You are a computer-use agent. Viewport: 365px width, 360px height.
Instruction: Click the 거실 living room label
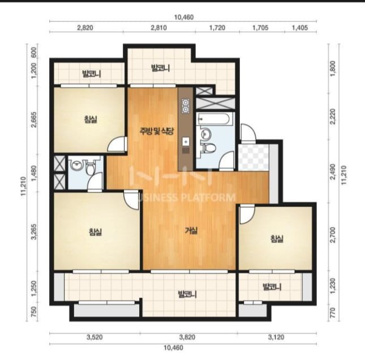click(x=191, y=231)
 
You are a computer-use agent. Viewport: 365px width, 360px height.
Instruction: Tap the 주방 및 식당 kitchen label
click(x=156, y=132)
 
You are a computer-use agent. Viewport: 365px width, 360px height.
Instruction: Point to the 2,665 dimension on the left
click(x=34, y=119)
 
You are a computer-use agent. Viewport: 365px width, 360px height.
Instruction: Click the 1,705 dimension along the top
click(x=260, y=28)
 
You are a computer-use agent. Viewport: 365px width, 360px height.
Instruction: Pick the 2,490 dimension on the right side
click(x=333, y=172)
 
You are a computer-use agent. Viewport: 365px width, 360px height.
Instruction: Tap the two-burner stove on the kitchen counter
click(x=186, y=106)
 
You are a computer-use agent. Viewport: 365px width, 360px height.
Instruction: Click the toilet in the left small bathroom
click(x=90, y=168)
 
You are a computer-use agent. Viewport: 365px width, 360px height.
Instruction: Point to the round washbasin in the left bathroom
click(x=76, y=166)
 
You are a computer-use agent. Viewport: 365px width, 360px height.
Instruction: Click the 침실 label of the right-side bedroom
click(x=277, y=239)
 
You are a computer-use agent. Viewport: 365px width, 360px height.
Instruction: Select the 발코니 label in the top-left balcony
click(x=91, y=74)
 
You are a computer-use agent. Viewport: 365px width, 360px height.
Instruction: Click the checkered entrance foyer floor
click(x=254, y=157)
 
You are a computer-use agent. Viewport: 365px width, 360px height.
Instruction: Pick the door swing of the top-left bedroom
click(x=117, y=144)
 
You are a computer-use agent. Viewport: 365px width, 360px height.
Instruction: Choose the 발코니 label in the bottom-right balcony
click(x=272, y=287)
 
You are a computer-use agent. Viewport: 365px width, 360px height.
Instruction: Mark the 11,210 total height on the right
click(x=344, y=175)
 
